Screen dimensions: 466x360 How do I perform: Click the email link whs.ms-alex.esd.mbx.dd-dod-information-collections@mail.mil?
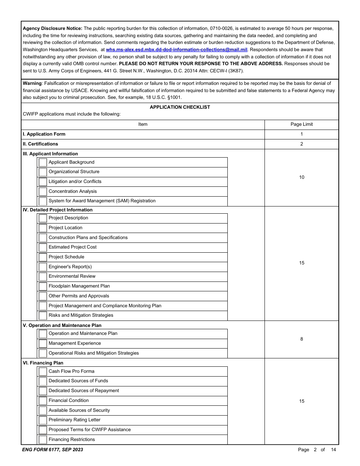pos(177,50)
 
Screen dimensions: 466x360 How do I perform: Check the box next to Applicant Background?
pos(43,163)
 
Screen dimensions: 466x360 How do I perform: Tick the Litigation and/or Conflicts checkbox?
pos(43,182)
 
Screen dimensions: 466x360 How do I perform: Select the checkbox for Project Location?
pos(43,228)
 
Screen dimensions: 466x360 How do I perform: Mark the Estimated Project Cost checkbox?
pos(43,247)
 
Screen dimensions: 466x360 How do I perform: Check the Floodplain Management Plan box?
pos(43,286)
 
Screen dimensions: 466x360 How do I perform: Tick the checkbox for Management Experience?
pos(43,344)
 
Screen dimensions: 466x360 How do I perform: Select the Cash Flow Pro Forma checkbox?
pos(43,372)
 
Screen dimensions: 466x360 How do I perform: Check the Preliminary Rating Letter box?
pos(43,420)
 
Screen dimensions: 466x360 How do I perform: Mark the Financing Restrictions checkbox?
pos(43,440)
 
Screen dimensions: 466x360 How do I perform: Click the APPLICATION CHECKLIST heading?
pos(180,107)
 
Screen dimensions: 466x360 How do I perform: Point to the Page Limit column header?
pos(301,124)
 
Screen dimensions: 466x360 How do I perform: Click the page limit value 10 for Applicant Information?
pos(301,177)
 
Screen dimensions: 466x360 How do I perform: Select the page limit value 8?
pos(301,339)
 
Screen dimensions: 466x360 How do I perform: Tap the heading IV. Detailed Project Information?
pos(58,210)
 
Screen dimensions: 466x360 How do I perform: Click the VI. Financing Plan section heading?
pos(43,363)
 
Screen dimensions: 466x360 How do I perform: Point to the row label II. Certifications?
pos(40,144)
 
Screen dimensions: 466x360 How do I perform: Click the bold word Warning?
pos(32,83)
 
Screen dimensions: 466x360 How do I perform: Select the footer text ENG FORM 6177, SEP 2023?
pos(53,450)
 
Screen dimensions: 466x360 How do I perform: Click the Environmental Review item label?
pos(72,276)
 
